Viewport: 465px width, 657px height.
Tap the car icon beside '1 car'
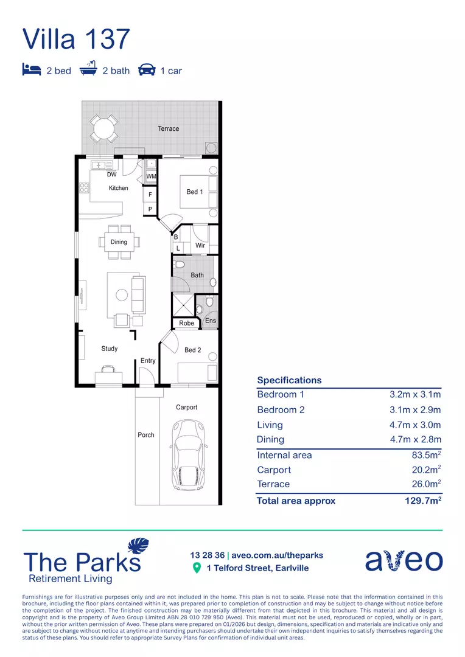pyautogui.click(x=147, y=70)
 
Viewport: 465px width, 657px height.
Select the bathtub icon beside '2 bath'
pyautogui.click(x=89, y=69)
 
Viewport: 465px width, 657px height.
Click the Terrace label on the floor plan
pyautogui.click(x=169, y=128)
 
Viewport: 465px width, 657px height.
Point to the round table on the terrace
pyautogui.click(x=104, y=128)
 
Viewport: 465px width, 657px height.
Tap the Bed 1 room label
pyautogui.click(x=195, y=192)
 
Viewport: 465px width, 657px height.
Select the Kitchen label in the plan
pyautogui.click(x=119, y=188)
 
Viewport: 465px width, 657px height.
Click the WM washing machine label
pyautogui.click(x=151, y=176)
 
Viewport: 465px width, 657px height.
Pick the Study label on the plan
pyautogui.click(x=110, y=349)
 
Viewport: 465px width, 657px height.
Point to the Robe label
pyautogui.click(x=187, y=323)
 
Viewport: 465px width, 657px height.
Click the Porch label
pyautogui.click(x=146, y=435)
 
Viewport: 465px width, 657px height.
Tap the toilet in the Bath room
pyautogui.click(x=179, y=265)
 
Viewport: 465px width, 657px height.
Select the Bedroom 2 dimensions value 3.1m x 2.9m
pyautogui.click(x=415, y=409)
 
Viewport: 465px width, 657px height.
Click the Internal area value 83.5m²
pyautogui.click(x=426, y=455)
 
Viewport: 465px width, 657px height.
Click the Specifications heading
pyautogui.click(x=289, y=380)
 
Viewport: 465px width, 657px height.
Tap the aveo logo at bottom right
pyautogui.click(x=404, y=560)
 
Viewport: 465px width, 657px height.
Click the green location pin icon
pyautogui.click(x=197, y=568)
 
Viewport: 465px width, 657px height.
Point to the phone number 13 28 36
pyautogui.click(x=206, y=555)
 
